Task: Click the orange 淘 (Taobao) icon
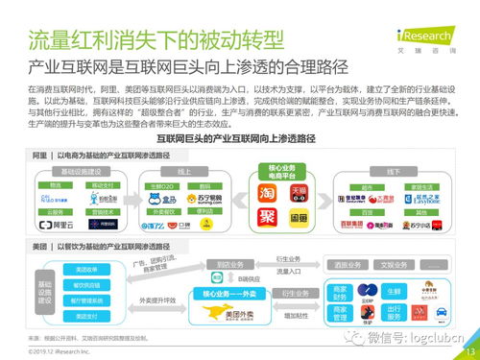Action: pos(269,192)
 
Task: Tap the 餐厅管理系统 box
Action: pos(87,300)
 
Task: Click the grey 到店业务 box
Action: pos(228,262)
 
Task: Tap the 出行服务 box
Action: pos(393,313)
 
